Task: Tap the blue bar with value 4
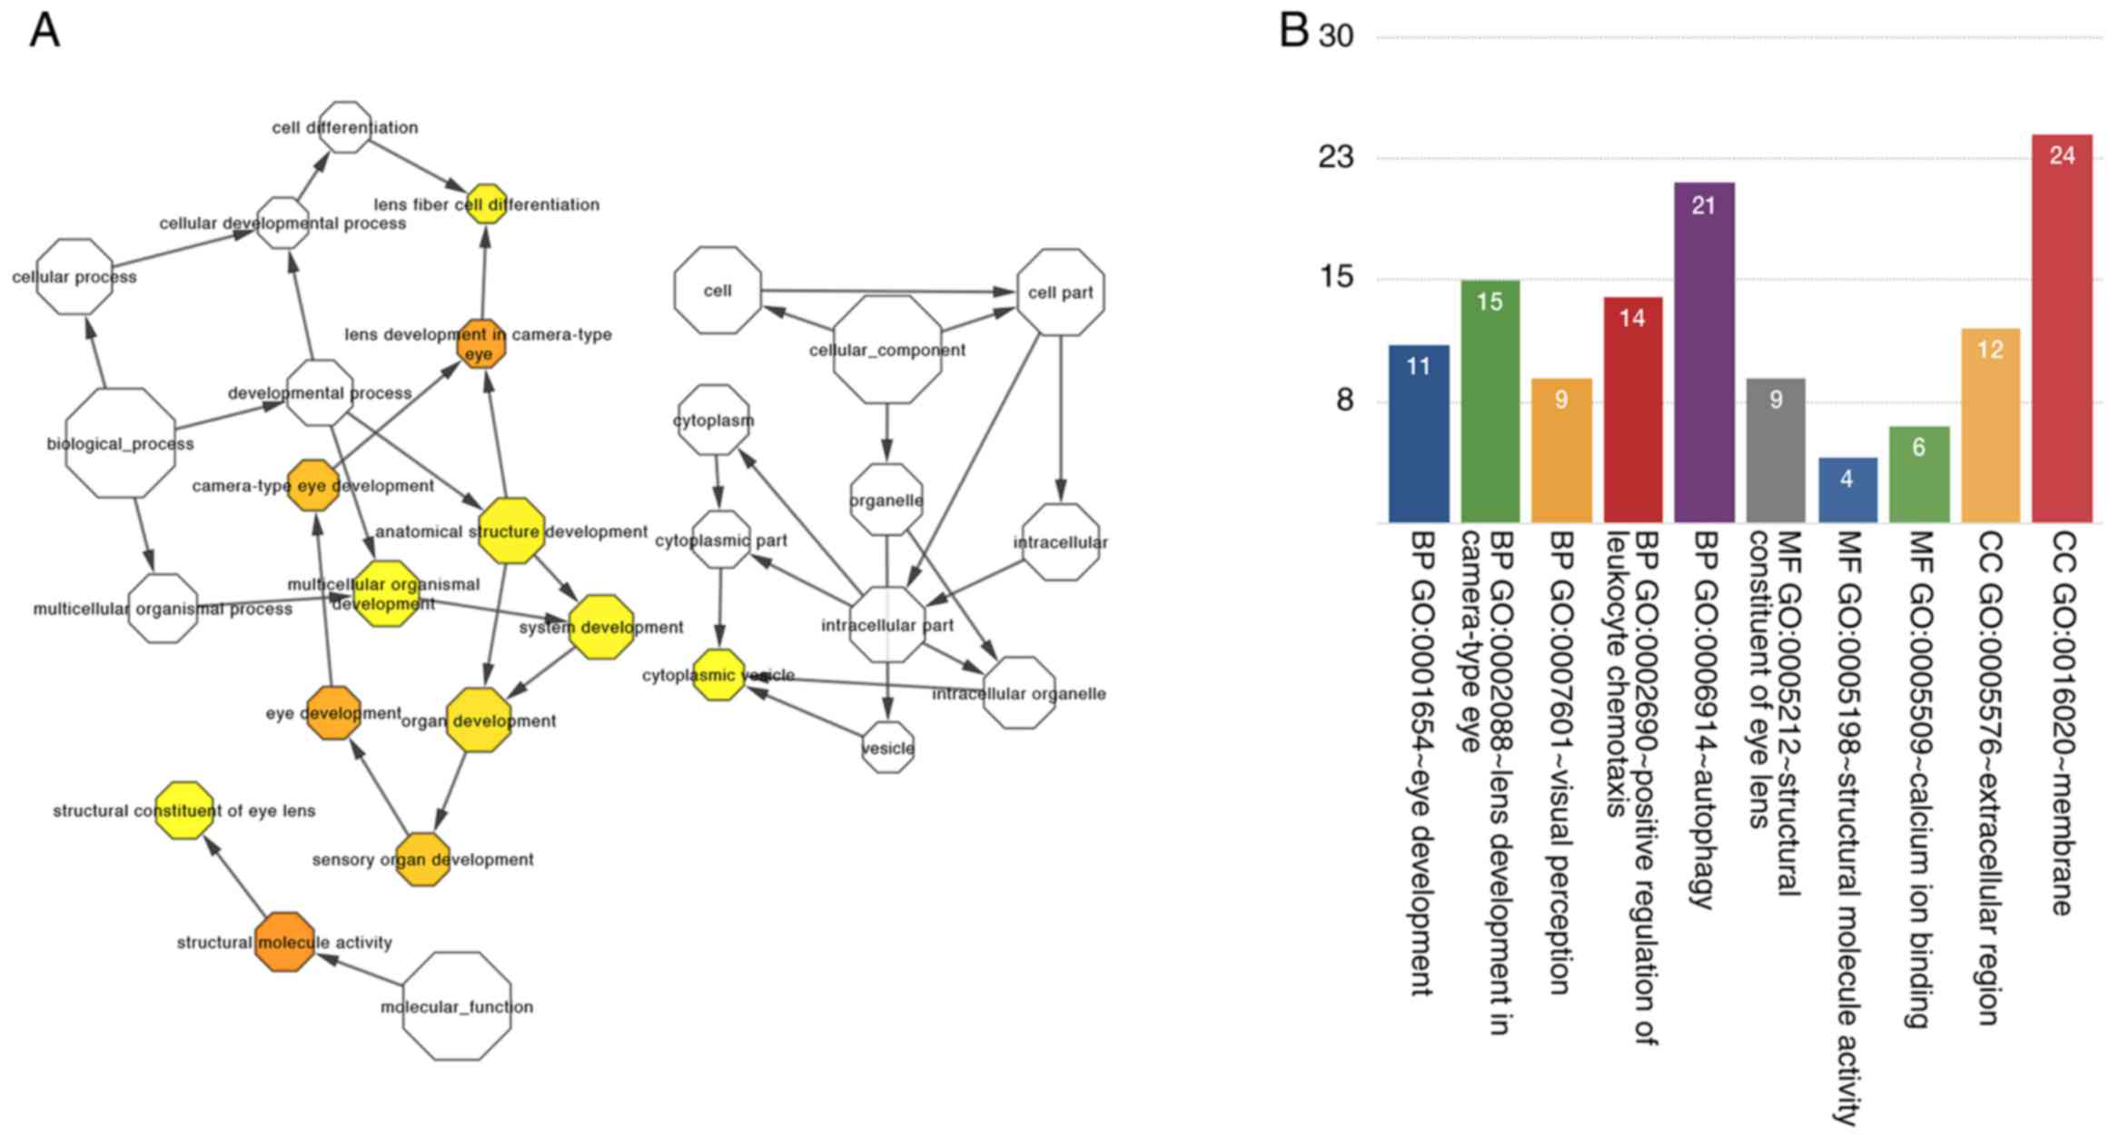(x=1847, y=490)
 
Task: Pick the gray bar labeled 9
(x=1775, y=451)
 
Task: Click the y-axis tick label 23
(x=1335, y=158)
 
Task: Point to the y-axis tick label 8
(x=1344, y=401)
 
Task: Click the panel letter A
(x=45, y=31)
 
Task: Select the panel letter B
(x=1293, y=31)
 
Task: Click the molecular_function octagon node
(x=456, y=1006)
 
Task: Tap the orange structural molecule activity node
(x=284, y=943)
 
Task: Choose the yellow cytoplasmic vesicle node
(x=718, y=675)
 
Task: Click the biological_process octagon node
(x=121, y=443)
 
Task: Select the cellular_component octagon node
(x=887, y=350)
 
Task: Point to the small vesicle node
(x=887, y=748)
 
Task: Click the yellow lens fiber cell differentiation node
(x=487, y=204)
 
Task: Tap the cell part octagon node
(x=1060, y=292)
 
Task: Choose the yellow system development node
(x=601, y=627)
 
